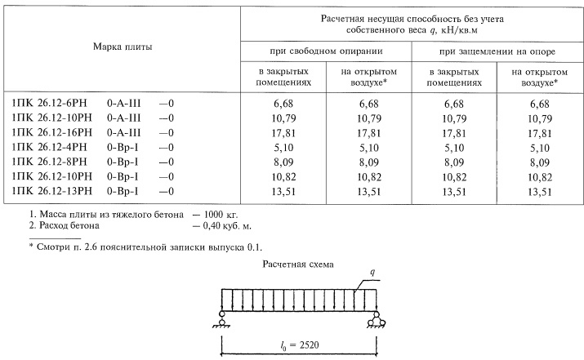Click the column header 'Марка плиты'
[x=122, y=48]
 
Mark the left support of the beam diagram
[x=222, y=320]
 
